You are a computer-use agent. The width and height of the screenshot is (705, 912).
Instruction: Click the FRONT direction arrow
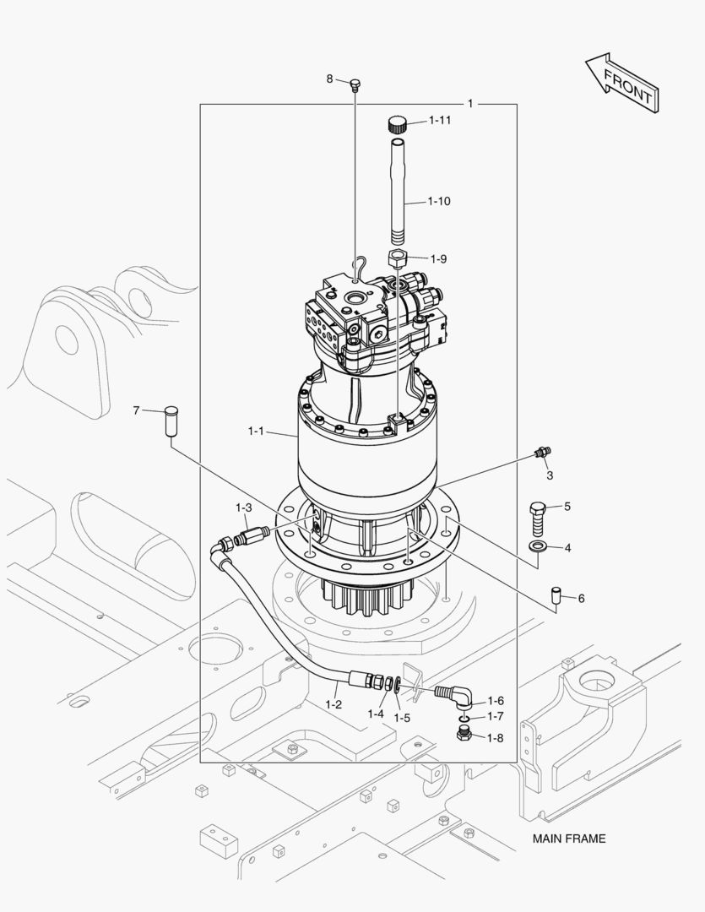[x=621, y=82]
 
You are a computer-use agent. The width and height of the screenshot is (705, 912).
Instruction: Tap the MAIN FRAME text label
[x=568, y=839]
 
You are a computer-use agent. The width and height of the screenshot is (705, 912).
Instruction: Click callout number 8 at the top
[x=330, y=79]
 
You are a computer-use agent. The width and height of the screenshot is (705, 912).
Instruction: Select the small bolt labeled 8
[x=355, y=84]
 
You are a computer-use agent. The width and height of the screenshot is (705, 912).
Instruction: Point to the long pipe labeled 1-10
[x=399, y=194]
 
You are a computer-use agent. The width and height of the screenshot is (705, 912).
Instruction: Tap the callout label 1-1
[x=256, y=432]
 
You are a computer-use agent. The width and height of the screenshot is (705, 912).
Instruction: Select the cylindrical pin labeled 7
[x=171, y=421]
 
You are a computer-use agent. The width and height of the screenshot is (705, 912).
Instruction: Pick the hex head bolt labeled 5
[x=539, y=512]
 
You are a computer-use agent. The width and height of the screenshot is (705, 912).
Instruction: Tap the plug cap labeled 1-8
[x=464, y=735]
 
